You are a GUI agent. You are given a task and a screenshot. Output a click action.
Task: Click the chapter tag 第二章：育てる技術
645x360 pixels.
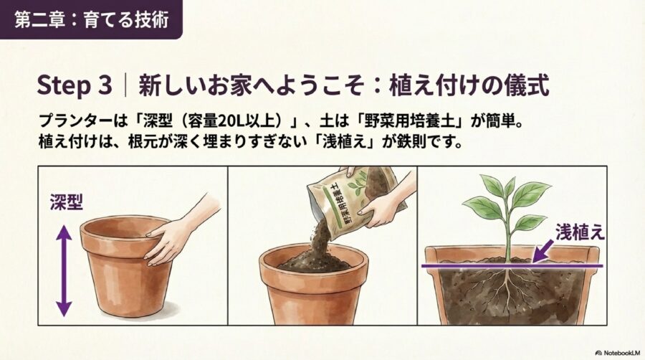click(x=91, y=19)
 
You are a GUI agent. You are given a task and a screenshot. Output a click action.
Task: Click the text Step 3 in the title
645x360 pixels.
click(x=74, y=86)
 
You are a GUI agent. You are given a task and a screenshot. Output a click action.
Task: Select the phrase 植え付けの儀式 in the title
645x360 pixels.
click(x=469, y=86)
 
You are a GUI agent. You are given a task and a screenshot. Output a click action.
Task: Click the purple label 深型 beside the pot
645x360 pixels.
click(x=66, y=202)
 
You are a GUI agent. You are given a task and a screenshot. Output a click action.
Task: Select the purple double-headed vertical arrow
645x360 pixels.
click(x=64, y=270)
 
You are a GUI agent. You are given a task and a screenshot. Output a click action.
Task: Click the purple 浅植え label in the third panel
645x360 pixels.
click(x=580, y=231)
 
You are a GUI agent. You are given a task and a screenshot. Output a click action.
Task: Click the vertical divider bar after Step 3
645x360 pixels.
click(x=125, y=86)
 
